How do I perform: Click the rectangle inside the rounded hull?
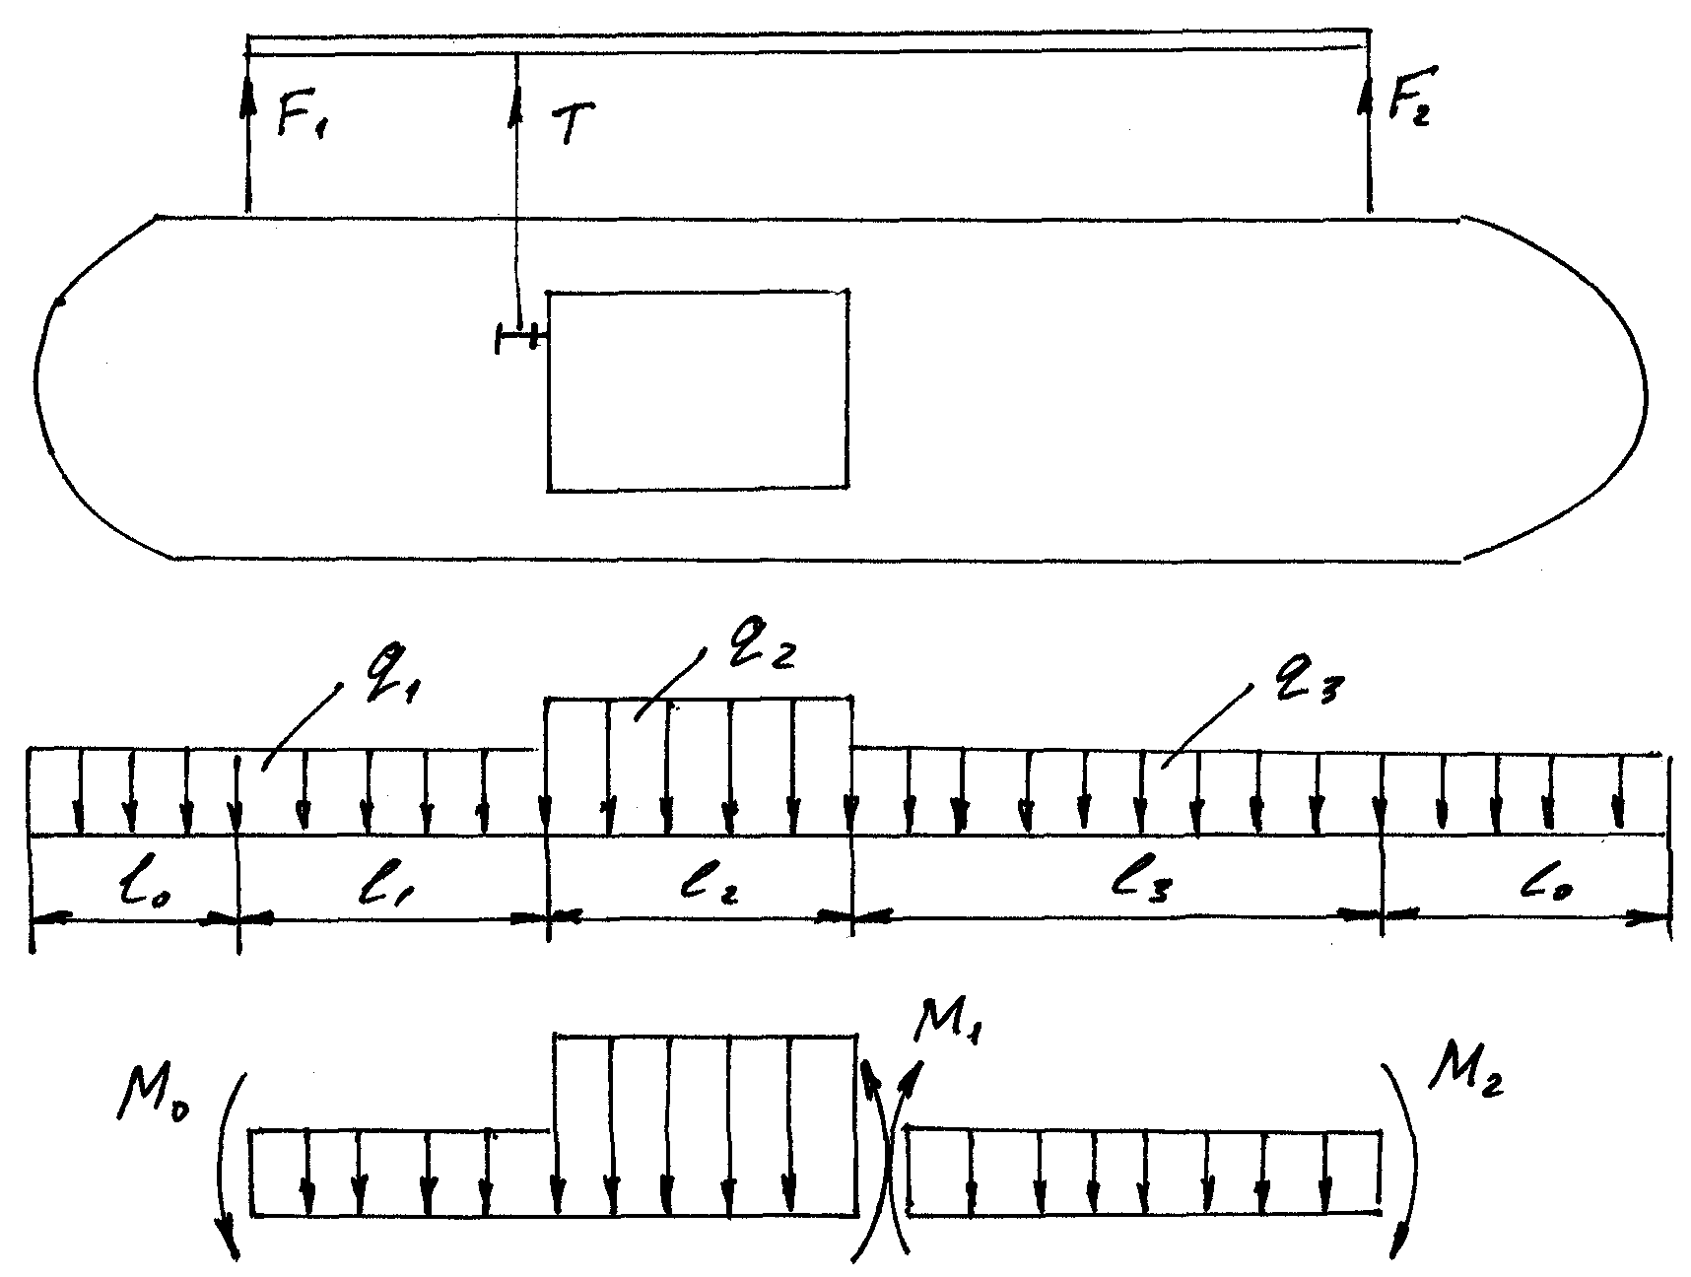[698, 390]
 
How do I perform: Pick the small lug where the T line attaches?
[518, 338]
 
